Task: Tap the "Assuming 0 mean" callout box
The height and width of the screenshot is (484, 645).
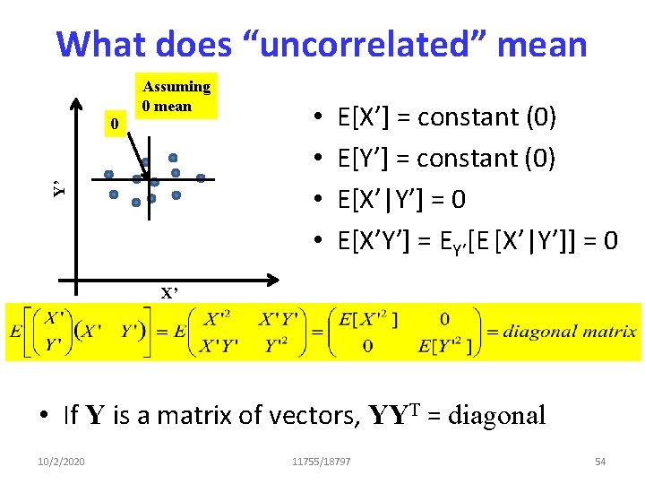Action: (x=176, y=96)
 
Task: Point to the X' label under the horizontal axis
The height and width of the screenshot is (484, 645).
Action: (x=169, y=292)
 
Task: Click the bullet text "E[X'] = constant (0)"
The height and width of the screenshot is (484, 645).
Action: (x=447, y=117)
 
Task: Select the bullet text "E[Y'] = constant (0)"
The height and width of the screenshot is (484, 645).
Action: (x=447, y=159)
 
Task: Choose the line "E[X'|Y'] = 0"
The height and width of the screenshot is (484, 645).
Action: (x=401, y=199)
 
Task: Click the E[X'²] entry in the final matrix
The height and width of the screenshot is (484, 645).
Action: (x=368, y=318)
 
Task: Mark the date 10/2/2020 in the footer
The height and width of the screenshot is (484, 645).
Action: (x=62, y=461)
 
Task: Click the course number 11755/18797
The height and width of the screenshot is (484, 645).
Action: (x=322, y=461)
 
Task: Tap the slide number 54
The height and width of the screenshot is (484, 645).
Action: (x=600, y=461)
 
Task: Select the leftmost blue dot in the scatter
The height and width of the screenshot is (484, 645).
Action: (x=107, y=174)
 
